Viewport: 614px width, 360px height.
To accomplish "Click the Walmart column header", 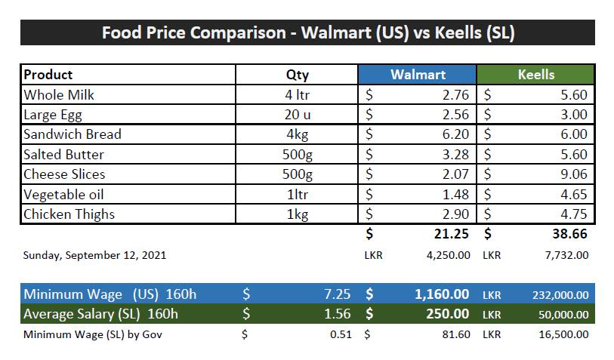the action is tap(418, 75).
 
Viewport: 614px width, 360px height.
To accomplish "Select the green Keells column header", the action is tap(535, 75).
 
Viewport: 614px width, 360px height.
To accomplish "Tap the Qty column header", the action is tap(298, 75).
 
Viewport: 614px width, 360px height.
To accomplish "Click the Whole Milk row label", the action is tap(59, 94).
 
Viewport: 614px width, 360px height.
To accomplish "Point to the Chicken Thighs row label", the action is tap(69, 214).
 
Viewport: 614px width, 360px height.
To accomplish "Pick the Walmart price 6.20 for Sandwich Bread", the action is tap(455, 134).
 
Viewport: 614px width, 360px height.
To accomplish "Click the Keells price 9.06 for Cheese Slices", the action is tap(574, 174).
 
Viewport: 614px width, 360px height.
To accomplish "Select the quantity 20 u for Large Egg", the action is tap(298, 115).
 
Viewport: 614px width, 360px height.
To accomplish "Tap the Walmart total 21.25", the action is tap(451, 234).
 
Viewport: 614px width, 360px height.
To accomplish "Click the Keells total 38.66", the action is tap(569, 234).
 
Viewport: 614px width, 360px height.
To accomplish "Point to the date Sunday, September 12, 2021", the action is tap(94, 255).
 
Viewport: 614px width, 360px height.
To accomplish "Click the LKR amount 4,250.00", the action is tap(449, 255).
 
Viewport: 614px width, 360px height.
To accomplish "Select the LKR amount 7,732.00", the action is tap(566, 255).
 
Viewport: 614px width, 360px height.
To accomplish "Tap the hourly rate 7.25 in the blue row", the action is tap(337, 294).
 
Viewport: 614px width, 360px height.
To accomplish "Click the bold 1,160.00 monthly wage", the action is tap(442, 294).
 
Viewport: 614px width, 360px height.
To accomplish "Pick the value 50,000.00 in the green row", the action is tap(563, 315).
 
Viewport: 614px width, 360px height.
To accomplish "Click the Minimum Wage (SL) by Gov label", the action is tap(93, 334).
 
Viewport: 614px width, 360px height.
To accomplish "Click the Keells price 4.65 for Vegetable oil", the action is tap(574, 195).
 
